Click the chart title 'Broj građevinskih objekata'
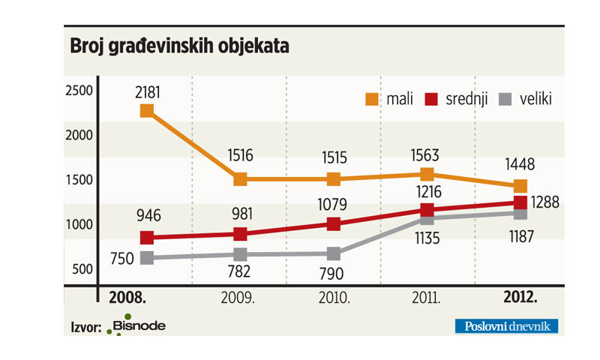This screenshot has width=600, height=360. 179,46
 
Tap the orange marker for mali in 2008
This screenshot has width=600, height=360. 147,111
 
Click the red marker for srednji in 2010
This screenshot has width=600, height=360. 334,223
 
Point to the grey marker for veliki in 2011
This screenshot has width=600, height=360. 427,218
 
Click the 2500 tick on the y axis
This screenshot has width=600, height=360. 79,90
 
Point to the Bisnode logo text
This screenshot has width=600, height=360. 139,325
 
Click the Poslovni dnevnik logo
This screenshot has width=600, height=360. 507,325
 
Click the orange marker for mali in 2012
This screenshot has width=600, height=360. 520,186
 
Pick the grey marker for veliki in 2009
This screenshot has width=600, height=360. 240,255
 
